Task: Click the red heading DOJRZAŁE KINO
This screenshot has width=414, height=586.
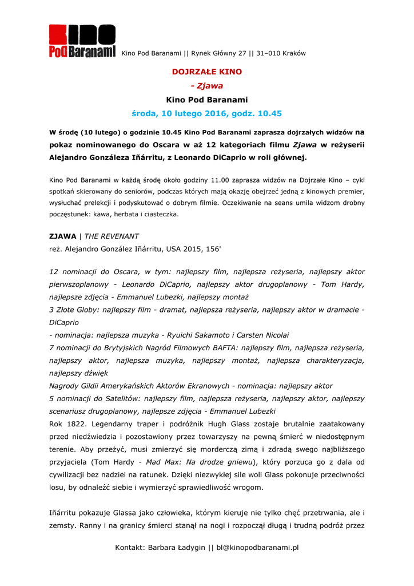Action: click(x=207, y=72)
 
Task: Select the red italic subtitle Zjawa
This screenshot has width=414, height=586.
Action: click(x=210, y=86)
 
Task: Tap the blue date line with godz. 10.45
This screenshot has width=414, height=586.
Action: click(x=207, y=114)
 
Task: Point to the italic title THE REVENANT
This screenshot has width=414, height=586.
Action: click(x=112, y=236)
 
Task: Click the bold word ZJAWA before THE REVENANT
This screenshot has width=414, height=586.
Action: click(x=62, y=236)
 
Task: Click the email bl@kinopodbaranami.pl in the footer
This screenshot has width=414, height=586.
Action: click(x=258, y=548)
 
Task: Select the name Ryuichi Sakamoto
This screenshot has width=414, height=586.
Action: click(x=197, y=335)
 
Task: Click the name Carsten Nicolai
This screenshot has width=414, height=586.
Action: click(x=262, y=335)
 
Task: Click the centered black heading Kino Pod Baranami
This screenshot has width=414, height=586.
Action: click(x=207, y=100)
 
